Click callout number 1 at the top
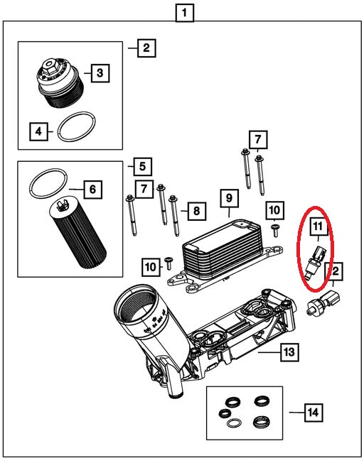(x=186, y=12)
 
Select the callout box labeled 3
(x=100, y=72)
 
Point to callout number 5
(x=141, y=166)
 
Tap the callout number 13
(x=288, y=351)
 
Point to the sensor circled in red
(x=316, y=258)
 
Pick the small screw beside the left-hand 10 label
(x=168, y=263)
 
